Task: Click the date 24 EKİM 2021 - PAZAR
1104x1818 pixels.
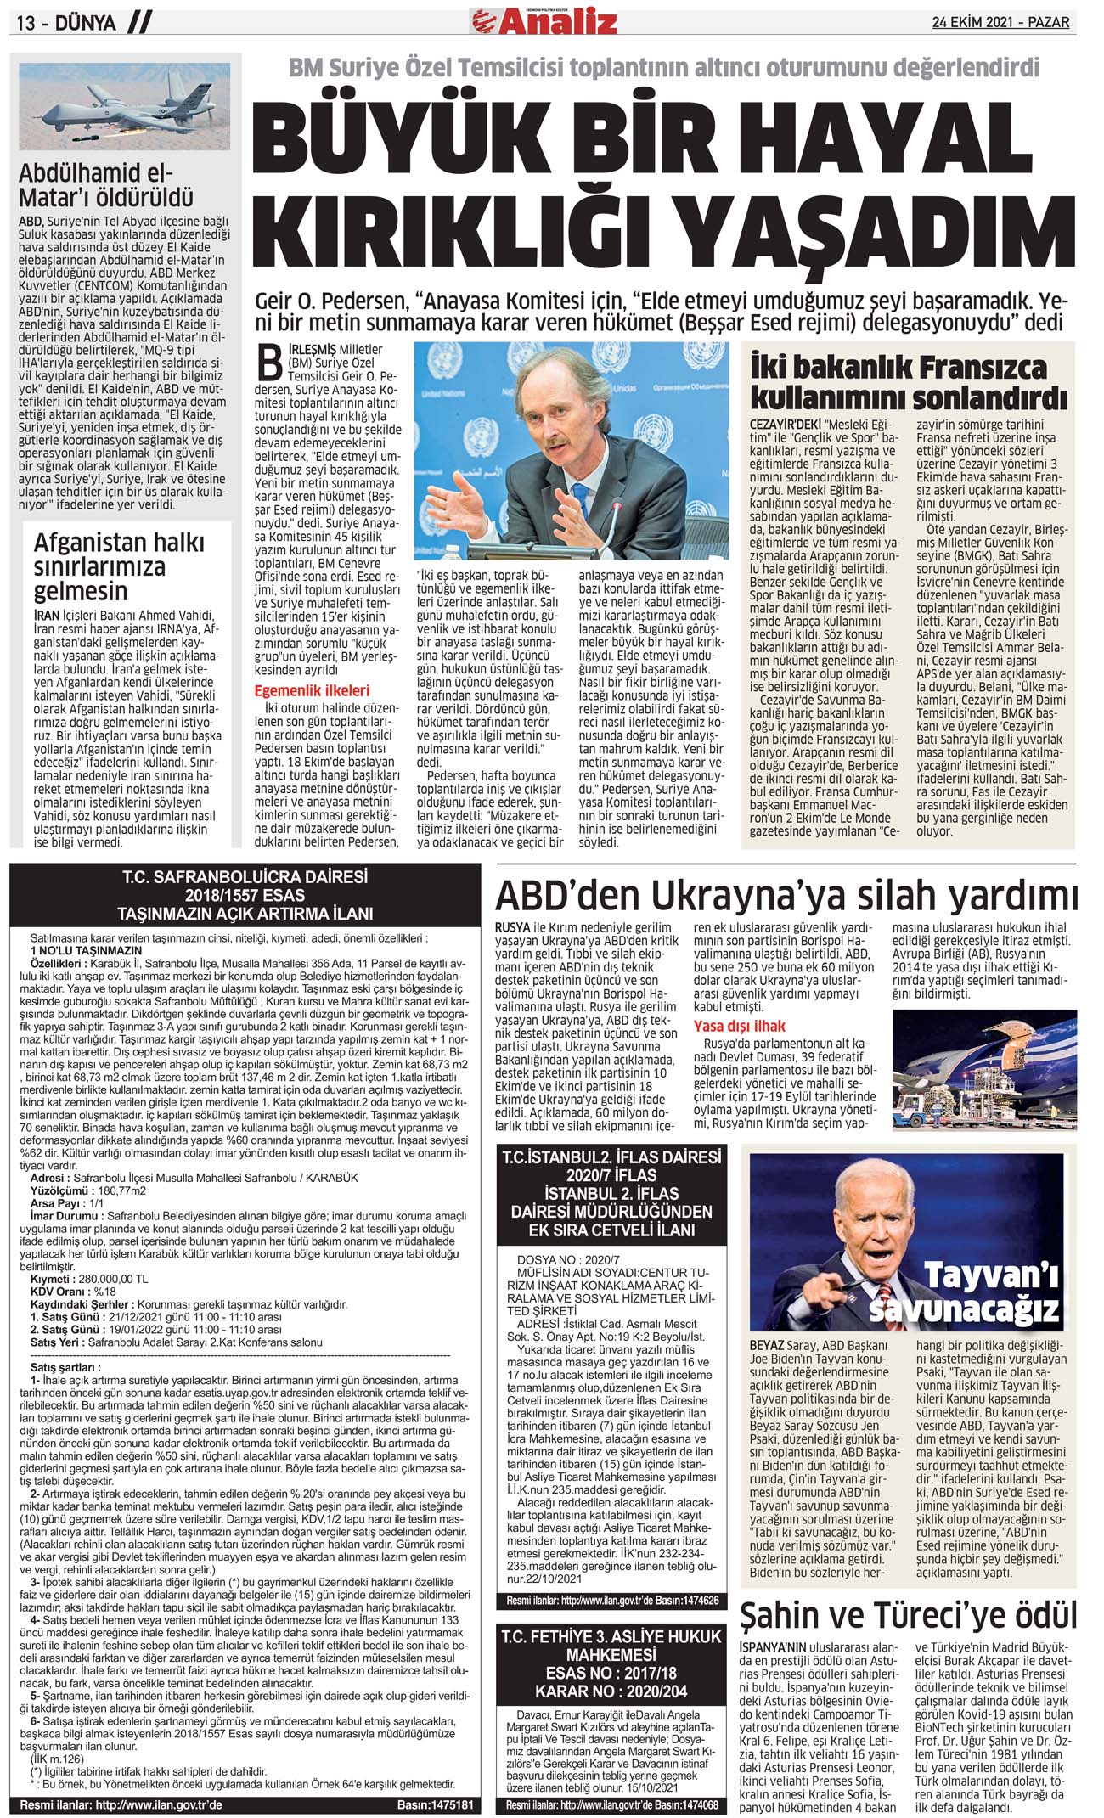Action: (x=1000, y=23)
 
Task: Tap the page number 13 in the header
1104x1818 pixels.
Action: (x=26, y=24)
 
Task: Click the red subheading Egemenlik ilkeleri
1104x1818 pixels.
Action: (x=312, y=690)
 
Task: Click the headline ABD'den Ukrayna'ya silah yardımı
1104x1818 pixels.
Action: (x=786, y=896)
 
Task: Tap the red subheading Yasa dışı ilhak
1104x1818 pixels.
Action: (x=740, y=1025)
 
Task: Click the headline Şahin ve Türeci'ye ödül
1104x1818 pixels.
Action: (x=908, y=1614)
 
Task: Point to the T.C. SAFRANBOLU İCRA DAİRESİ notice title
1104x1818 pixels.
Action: (x=245, y=895)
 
